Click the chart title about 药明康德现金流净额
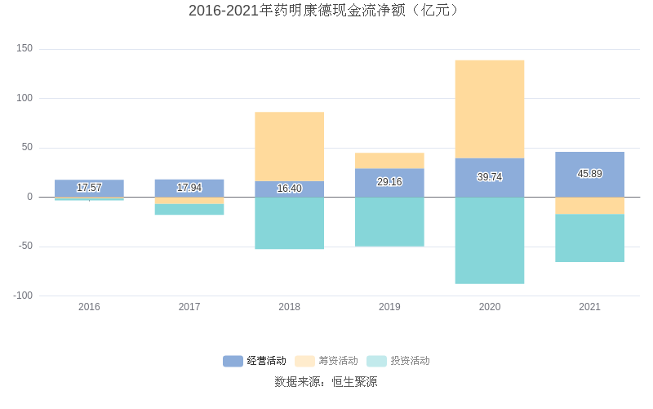coord(326,11)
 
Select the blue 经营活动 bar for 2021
coord(589,163)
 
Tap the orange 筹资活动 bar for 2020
coord(490,109)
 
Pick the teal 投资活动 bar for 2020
coord(490,240)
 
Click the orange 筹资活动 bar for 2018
coord(289,146)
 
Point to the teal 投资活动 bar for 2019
coord(389,221)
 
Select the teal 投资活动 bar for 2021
coord(589,238)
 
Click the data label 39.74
coord(490,177)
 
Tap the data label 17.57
coord(89,188)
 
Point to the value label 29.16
coord(389,182)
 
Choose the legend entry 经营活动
coord(255,361)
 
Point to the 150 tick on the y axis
coord(24,49)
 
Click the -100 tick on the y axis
coord(22,296)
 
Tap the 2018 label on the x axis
coord(289,307)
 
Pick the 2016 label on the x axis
coord(89,307)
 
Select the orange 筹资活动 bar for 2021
coord(589,206)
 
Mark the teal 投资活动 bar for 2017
coord(189,209)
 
